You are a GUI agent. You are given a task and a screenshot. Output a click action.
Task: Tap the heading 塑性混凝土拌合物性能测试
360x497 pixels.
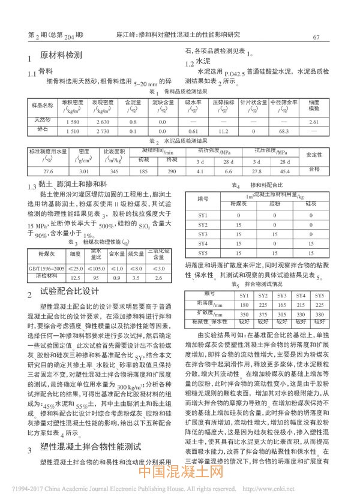[x=90, y=447]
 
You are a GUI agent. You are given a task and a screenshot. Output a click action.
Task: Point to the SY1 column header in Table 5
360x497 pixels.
[x=244, y=296]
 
